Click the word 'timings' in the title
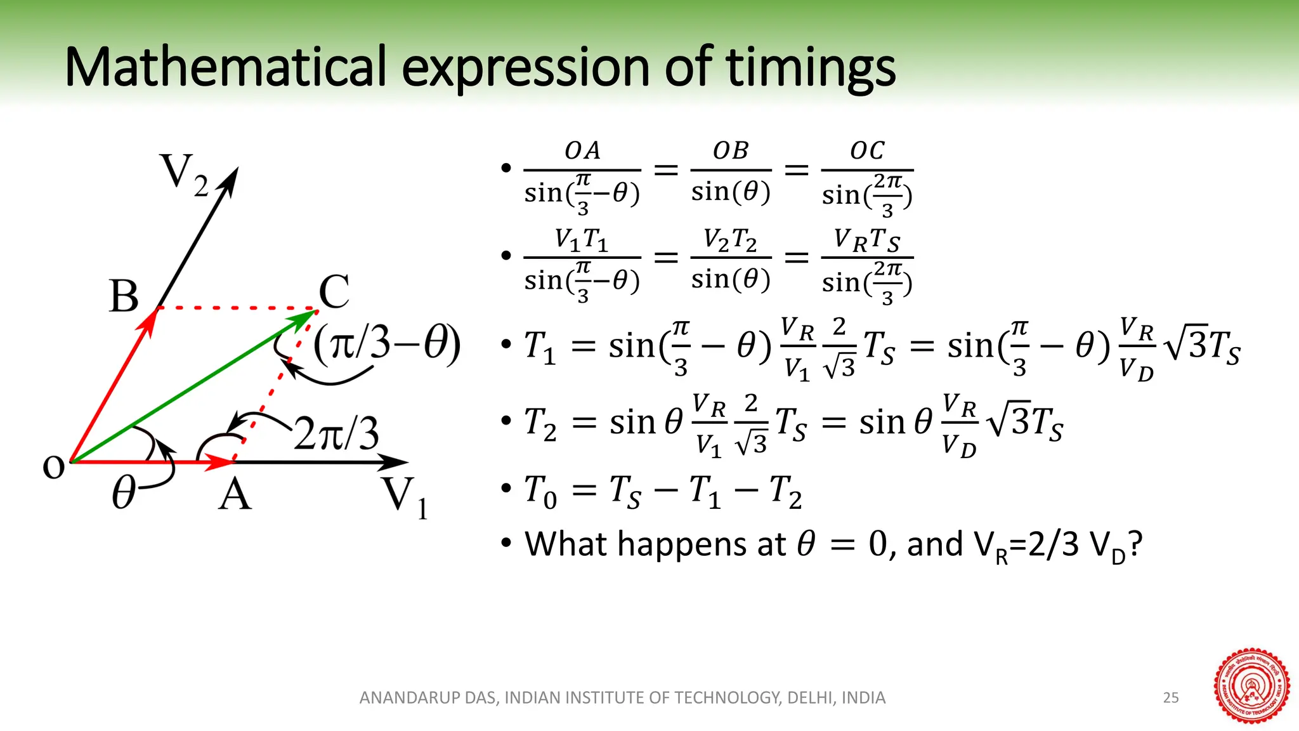click(x=811, y=68)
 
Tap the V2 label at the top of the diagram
click(x=184, y=175)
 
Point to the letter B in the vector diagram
click(x=124, y=296)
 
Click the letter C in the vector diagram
click(x=334, y=293)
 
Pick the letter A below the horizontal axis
click(x=235, y=495)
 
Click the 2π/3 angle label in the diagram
click(x=337, y=435)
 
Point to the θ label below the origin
click(x=124, y=494)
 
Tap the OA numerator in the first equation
click(x=582, y=151)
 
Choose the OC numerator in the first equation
click(x=867, y=151)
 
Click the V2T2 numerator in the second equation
click(x=730, y=240)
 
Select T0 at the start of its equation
click(x=540, y=491)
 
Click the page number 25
click(x=1171, y=698)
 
